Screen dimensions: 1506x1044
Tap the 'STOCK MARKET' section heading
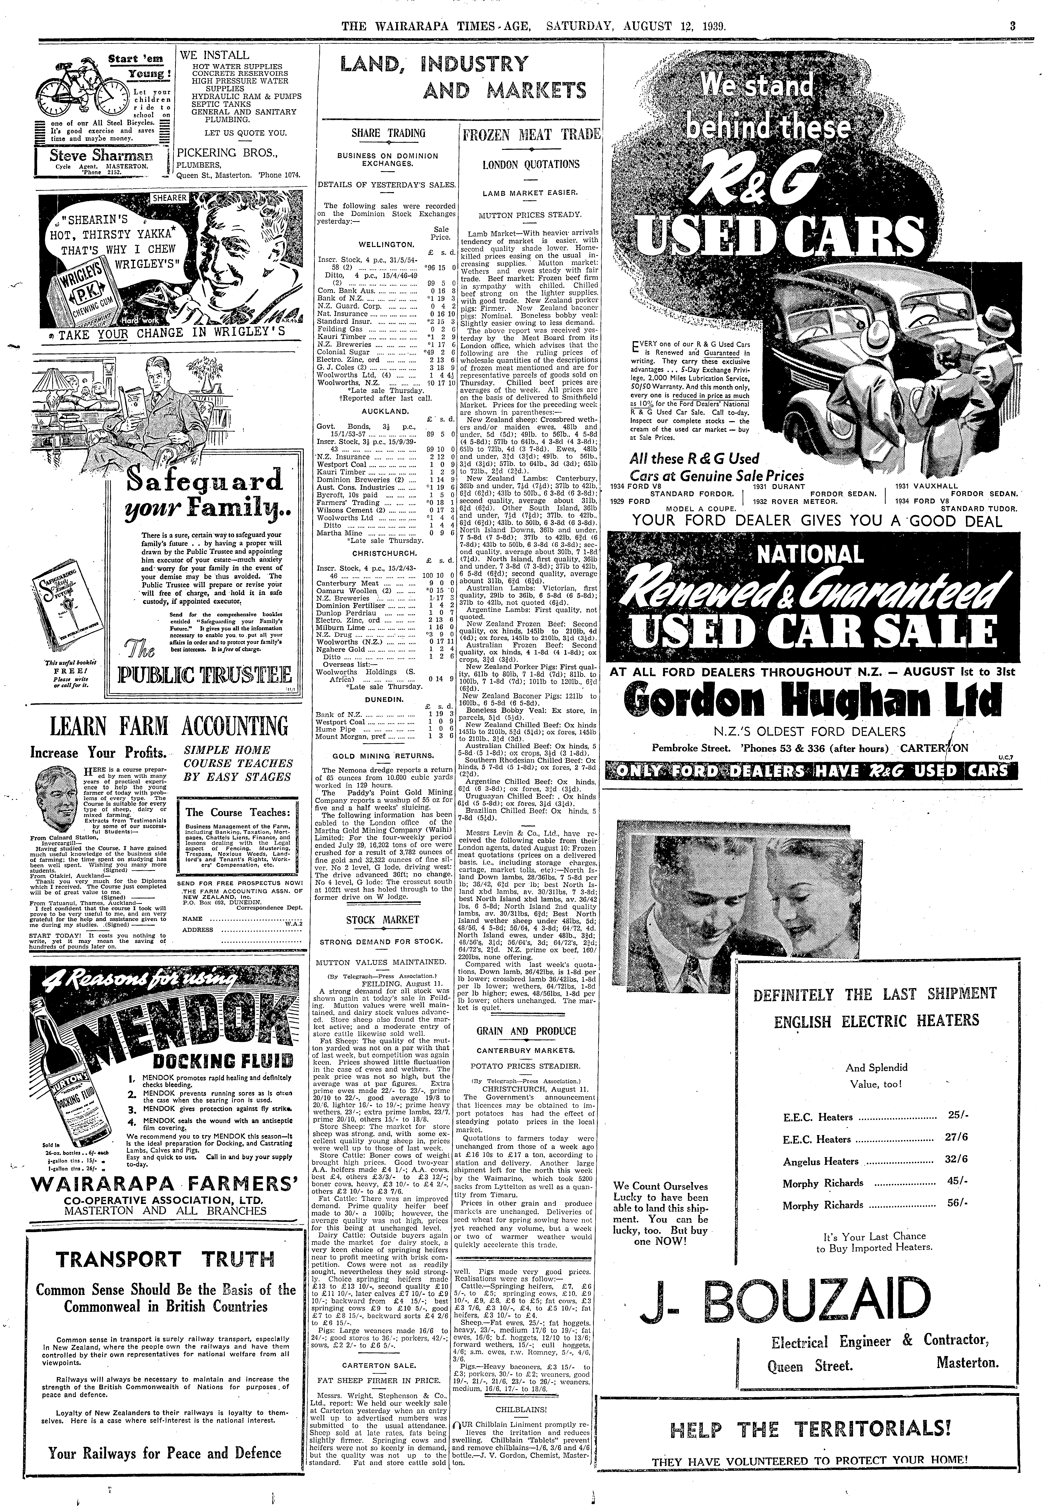coord(383,920)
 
